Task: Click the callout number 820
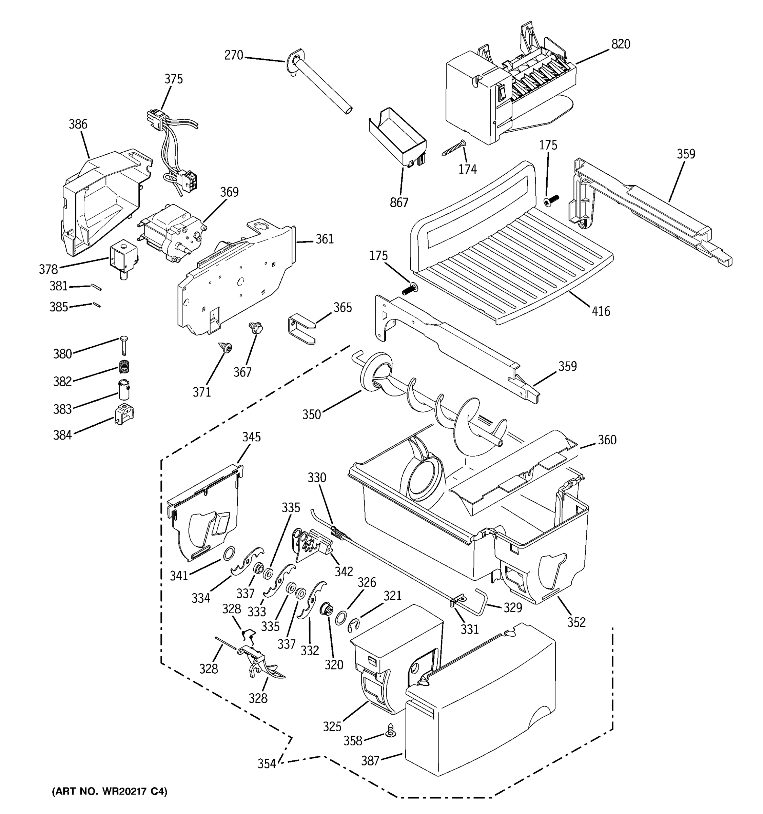621,44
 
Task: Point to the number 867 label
399,203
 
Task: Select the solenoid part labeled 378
122,260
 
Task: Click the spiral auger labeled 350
434,405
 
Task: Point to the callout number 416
601,311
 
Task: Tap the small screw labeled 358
390,729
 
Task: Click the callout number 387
370,761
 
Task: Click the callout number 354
267,764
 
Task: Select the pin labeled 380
124,344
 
